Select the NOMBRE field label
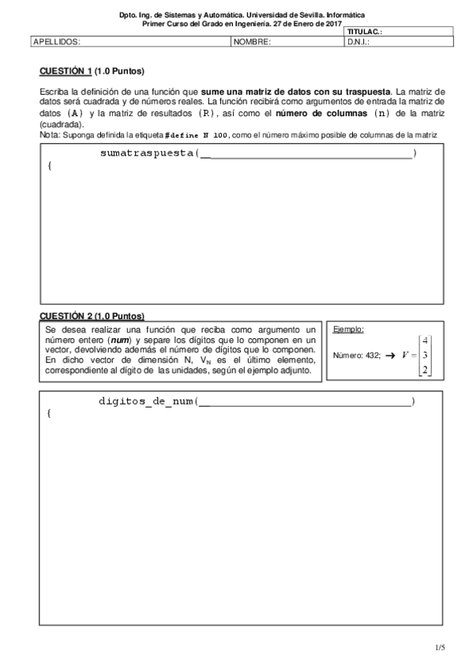(252, 42)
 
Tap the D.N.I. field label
(359, 42)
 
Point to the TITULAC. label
(364, 32)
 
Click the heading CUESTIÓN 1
(66, 70)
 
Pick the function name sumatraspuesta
(147, 152)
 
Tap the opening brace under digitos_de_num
(49, 413)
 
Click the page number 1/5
(441, 647)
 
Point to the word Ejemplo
(348, 329)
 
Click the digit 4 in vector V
(426, 341)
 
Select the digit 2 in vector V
(426, 369)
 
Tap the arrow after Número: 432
(390, 356)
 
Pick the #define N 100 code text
(196, 135)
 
